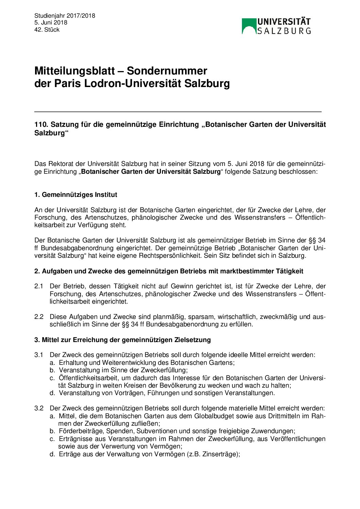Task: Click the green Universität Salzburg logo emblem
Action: (249, 26)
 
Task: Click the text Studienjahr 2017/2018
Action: (65, 16)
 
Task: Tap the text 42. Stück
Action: (47, 30)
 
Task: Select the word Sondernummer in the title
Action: (167, 71)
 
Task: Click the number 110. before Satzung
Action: (41, 125)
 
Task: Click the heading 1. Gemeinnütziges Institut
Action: (76, 195)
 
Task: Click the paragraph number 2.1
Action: (39, 286)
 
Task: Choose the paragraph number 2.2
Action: (39, 317)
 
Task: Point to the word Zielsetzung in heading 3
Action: (192, 340)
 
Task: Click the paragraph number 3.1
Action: (39, 355)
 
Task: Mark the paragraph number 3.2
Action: (39, 408)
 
